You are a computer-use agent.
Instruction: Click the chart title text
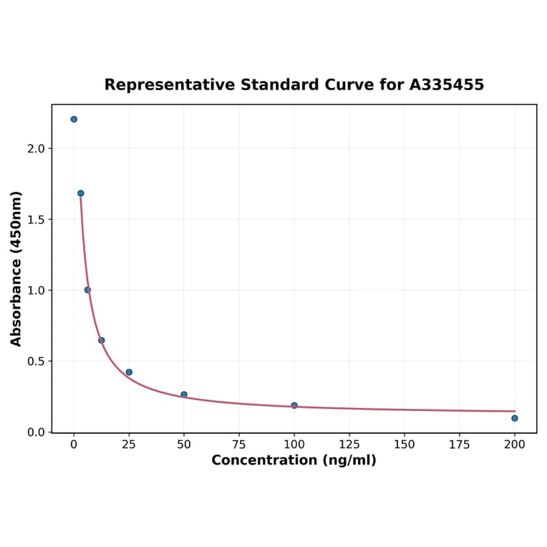point(294,85)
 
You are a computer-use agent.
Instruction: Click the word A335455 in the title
point(447,85)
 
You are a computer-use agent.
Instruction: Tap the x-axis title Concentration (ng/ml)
point(294,460)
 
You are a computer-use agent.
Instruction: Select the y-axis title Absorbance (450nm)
point(16,268)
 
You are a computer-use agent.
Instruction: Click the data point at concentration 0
point(74,120)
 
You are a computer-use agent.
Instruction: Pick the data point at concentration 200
point(515,418)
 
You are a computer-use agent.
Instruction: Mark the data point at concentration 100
point(294,405)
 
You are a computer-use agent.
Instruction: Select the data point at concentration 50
point(184,394)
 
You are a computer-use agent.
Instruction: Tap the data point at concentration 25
point(129,372)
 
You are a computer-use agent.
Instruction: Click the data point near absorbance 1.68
point(81,193)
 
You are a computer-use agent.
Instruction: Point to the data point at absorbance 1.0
point(87,290)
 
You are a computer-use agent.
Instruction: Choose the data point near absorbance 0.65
point(102,340)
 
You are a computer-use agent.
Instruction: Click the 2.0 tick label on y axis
point(37,149)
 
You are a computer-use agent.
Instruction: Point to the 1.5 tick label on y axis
point(37,220)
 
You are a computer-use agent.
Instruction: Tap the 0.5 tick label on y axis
point(37,362)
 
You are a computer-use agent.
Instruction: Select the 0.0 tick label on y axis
point(37,432)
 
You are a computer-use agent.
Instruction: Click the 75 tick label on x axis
point(239,445)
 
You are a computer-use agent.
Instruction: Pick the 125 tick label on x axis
point(349,445)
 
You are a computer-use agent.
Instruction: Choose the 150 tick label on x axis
point(405,445)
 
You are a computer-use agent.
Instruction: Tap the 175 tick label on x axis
point(460,445)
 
